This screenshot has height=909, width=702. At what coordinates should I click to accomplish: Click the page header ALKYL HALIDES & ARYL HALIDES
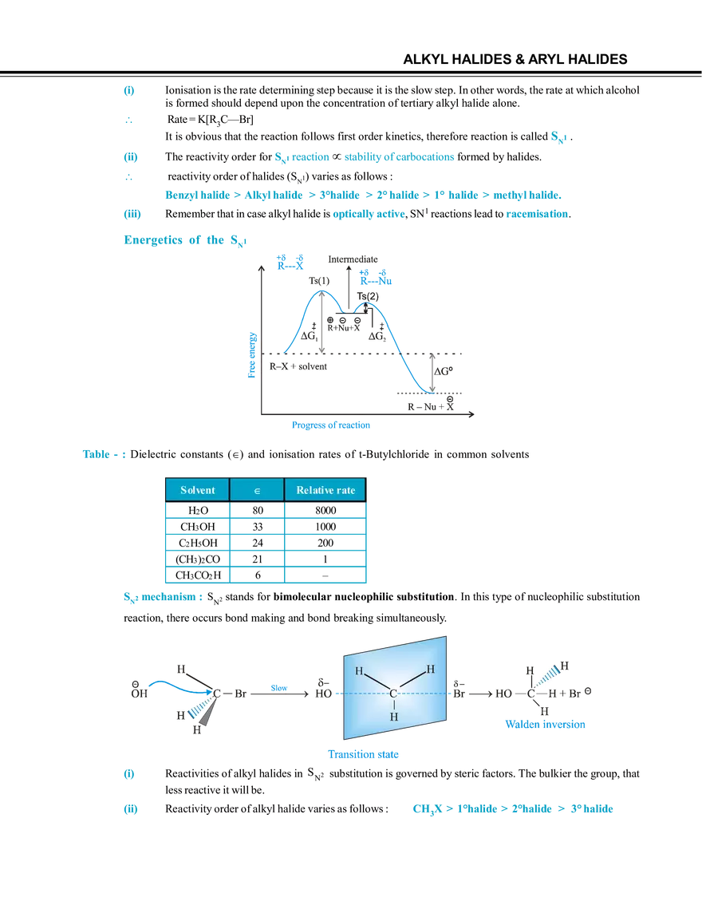[515, 59]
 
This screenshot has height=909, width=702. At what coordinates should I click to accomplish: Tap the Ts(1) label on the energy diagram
[319, 281]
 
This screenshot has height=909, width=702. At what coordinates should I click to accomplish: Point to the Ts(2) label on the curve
[368, 296]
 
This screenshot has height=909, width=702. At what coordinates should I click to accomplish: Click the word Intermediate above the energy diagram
[353, 259]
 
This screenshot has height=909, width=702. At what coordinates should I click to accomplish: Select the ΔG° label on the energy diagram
[444, 371]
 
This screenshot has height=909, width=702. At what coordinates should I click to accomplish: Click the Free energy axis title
[251, 355]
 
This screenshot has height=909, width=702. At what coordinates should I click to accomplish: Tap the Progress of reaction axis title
[331, 425]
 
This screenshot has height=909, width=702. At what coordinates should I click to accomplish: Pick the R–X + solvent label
[298, 366]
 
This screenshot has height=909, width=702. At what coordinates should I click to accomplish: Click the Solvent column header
[198, 490]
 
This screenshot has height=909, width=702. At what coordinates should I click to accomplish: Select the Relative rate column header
[325, 490]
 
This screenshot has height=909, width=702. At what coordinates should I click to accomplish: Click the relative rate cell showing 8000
[325, 510]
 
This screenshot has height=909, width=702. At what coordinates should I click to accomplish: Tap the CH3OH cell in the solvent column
[198, 527]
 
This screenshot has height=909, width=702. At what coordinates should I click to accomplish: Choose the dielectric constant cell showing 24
[258, 543]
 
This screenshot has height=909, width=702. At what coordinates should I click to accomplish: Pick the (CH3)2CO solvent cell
[198, 559]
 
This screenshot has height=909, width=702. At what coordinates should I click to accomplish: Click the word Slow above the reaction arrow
[279, 688]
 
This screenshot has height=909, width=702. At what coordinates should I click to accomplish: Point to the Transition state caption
[364, 754]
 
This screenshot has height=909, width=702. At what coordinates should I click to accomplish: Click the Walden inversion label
[545, 724]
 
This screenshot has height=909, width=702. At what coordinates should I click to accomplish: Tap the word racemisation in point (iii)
[537, 213]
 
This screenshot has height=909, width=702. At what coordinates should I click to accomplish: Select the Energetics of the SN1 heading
[186, 240]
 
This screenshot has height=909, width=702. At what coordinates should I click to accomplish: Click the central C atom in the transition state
[393, 694]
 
